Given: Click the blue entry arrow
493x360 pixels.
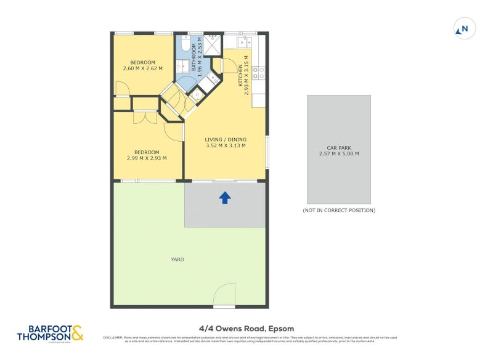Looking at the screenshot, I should (225, 197).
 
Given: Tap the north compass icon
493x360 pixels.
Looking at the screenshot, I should (463, 28).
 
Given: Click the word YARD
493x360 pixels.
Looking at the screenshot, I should (177, 260).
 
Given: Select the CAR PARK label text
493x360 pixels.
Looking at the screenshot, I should (338, 147).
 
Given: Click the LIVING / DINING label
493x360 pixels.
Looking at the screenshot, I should (225, 139).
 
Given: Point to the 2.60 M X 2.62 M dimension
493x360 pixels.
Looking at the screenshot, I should (142, 68).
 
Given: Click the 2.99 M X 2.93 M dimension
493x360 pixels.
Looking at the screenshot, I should (147, 158).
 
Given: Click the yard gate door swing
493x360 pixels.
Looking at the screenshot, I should (226, 293).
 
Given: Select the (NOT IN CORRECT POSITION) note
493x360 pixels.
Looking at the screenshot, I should (338, 211).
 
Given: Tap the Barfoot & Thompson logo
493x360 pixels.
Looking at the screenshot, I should (49, 333).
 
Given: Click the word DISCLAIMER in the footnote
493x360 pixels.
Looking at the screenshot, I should (113, 337).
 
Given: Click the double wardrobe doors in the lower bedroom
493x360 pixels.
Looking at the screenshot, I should (146, 117).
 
